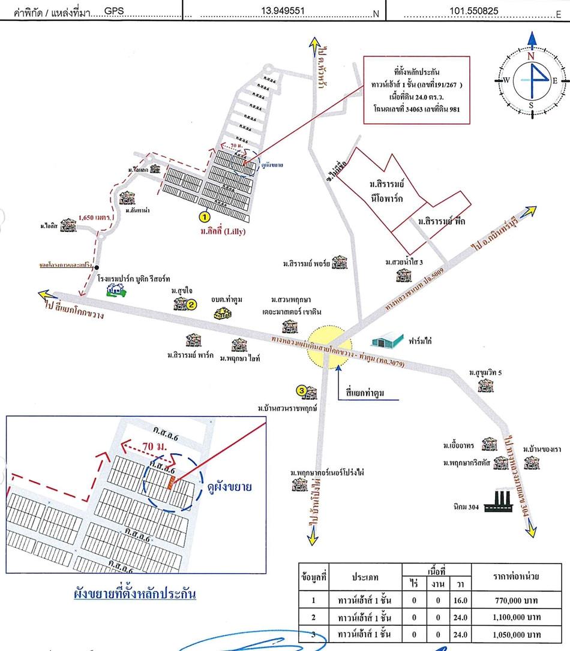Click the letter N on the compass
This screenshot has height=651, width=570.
coord(531,56)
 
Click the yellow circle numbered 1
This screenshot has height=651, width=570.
coord(204,215)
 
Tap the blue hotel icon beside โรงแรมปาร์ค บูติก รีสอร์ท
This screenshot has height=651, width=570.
coord(116,291)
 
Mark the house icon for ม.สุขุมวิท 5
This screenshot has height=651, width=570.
coord(486,385)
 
